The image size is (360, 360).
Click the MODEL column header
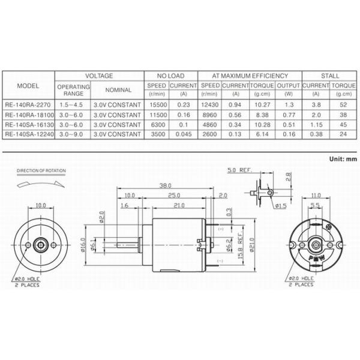click(28, 85)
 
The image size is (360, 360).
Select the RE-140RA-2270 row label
click(28, 105)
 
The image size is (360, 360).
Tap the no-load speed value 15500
click(157, 105)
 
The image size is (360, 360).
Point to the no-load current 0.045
click(183, 134)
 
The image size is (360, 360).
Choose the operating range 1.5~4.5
click(73, 105)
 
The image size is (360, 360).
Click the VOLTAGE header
click(99, 76)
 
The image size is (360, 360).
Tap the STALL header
click(329, 76)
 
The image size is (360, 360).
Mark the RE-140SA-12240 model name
click(28, 134)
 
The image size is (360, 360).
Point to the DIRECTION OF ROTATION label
click(41, 171)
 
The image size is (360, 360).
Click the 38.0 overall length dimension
click(166, 185)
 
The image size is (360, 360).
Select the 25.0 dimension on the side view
click(174, 196)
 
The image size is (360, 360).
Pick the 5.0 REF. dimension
click(239, 170)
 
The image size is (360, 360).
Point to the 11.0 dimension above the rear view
click(317, 196)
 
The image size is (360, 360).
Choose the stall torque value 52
click(344, 105)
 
